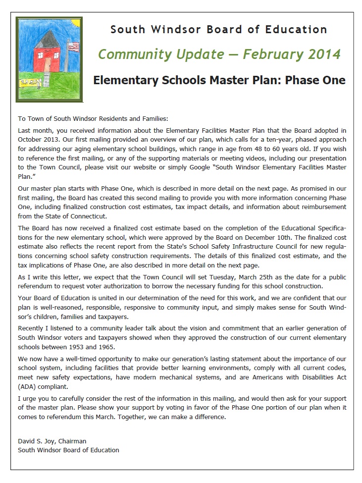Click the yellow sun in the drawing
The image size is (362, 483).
(25, 27)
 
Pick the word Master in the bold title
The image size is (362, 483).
(244, 80)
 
